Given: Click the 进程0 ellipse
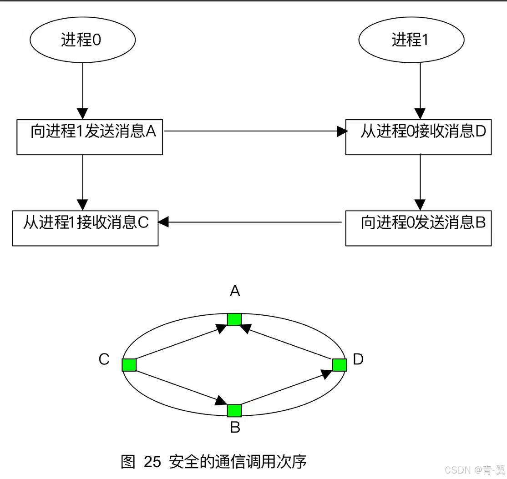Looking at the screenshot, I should click(82, 40).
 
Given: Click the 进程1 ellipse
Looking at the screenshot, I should click(411, 40).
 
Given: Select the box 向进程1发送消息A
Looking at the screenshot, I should click(90, 137).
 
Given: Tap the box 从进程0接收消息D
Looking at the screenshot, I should click(418, 137).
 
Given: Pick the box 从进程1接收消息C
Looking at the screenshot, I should click(85, 228).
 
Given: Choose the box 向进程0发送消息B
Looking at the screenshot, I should click(418, 228).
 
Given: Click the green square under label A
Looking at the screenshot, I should click(234, 319).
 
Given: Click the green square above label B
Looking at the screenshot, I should click(234, 410).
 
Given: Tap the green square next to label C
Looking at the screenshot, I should click(129, 365).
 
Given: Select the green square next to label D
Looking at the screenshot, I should click(340, 365).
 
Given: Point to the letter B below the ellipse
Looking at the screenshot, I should click(235, 428).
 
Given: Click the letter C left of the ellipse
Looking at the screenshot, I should click(104, 359).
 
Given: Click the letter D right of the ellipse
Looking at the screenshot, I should click(358, 359).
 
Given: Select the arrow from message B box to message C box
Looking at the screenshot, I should click(250, 222).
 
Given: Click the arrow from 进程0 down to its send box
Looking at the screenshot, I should click(82, 91).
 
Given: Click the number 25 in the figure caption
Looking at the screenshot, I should click(152, 462).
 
